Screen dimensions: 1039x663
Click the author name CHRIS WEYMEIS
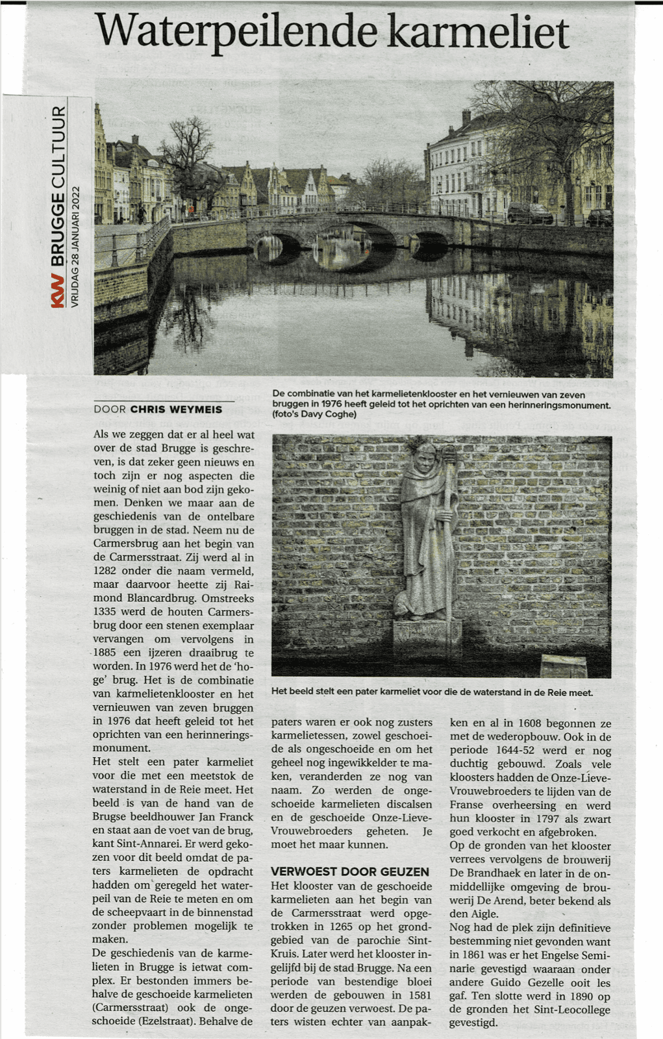point(176,409)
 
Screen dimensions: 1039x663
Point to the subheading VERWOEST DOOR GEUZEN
point(350,871)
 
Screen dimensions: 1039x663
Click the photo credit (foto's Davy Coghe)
point(314,414)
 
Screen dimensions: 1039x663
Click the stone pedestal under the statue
point(427,633)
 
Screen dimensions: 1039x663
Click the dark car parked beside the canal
point(529,213)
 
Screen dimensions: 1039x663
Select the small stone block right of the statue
point(563,665)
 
